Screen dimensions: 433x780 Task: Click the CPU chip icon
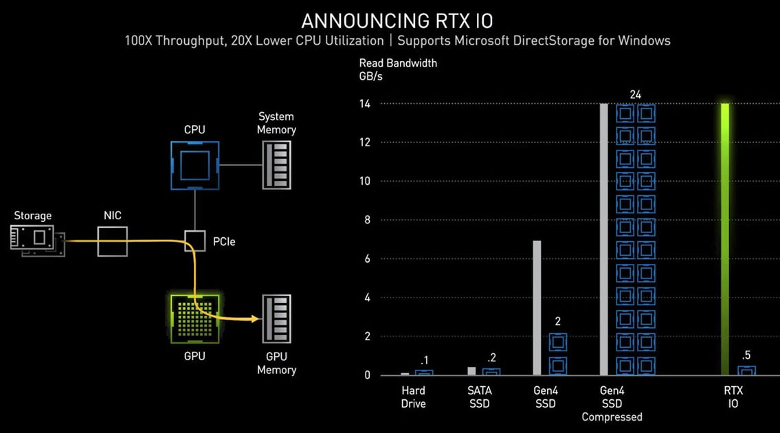(194, 165)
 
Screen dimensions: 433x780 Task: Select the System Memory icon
(276, 165)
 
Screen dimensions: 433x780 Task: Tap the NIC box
(113, 242)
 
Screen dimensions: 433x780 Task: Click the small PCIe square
(195, 241)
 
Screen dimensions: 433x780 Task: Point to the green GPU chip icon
(194, 318)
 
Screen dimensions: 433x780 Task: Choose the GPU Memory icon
(276, 319)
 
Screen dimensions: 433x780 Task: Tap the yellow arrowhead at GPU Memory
(255, 318)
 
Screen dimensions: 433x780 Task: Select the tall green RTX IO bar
(724, 239)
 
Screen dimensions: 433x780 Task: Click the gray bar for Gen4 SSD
(537, 308)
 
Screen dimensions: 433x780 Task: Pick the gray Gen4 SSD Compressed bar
(604, 239)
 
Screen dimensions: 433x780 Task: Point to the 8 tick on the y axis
(367, 220)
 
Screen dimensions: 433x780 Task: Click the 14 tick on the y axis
(365, 104)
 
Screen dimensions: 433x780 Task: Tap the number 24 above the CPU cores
(636, 94)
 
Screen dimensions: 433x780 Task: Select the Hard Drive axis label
(414, 397)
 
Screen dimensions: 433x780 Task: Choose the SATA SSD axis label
(480, 397)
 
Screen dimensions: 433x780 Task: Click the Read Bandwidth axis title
(398, 63)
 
